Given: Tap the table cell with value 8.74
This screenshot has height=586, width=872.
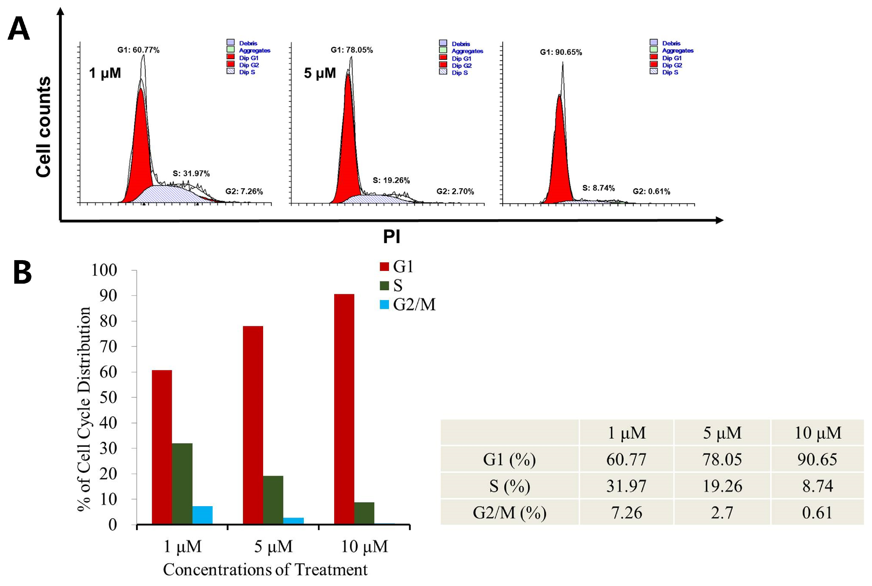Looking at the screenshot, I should [x=818, y=486].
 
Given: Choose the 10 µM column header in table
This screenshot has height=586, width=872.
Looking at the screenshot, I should [x=818, y=433].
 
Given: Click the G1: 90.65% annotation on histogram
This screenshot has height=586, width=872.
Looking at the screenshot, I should [x=561, y=52].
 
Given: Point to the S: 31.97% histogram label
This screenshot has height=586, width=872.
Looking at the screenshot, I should [x=191, y=173].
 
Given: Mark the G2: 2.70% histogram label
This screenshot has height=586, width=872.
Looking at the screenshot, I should [x=455, y=191].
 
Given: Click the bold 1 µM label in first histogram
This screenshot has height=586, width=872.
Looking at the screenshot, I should [x=105, y=73].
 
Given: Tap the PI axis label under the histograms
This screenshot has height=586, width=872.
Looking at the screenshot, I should [x=392, y=237].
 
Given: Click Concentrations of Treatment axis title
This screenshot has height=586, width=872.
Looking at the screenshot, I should [x=265, y=570].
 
